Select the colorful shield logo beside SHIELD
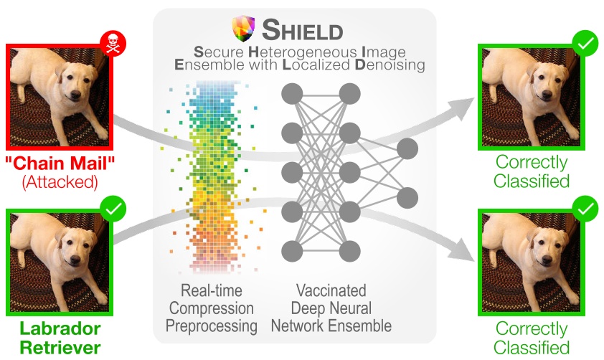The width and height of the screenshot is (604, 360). [x=242, y=30]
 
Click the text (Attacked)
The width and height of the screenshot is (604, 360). [x=58, y=181]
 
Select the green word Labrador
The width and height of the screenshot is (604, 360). [x=60, y=329]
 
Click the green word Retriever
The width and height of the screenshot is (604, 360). [x=60, y=348]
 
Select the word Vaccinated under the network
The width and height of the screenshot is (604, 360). [x=331, y=291]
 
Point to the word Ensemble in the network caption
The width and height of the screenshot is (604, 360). [x=359, y=326]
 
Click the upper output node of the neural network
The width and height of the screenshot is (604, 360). [x=407, y=149]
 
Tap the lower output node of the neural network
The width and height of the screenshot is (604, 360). [x=407, y=196]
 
